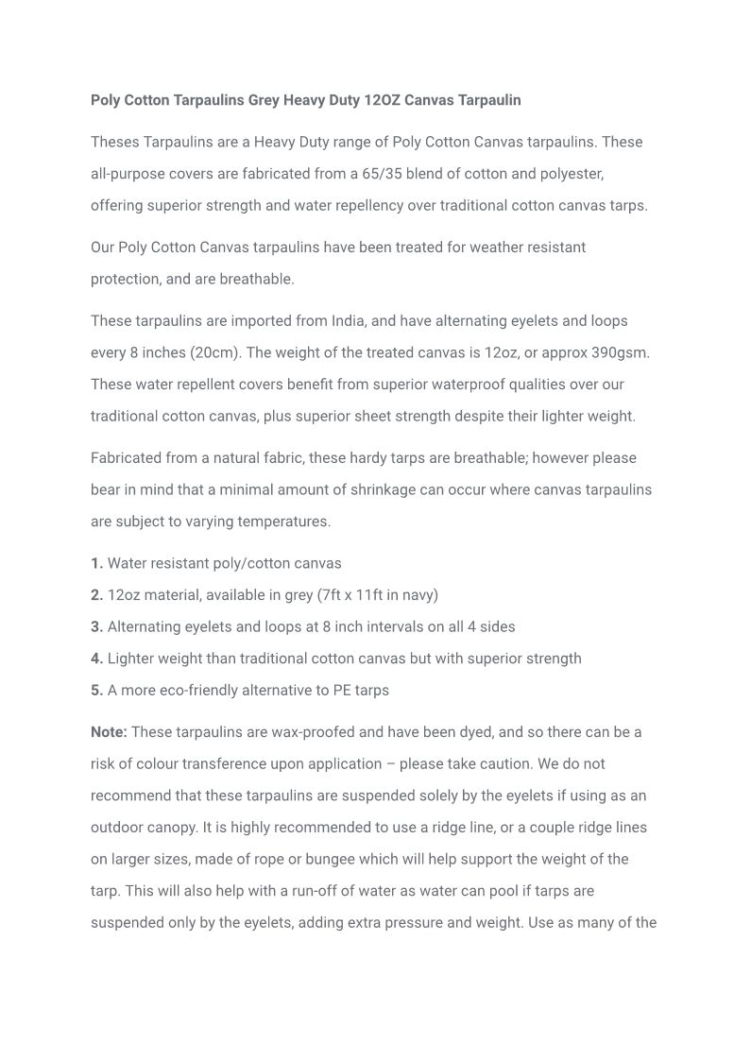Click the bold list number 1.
pos(96,564)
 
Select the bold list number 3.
pos(96,627)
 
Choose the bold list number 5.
pos(96,691)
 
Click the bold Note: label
pos(109,732)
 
